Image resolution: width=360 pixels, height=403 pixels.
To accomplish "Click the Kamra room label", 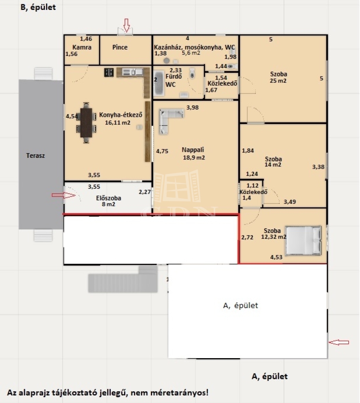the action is coord(82,47).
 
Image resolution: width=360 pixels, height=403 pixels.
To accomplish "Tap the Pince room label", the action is coord(120,47).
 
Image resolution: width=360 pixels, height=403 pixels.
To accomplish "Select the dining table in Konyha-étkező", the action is coord(86,123).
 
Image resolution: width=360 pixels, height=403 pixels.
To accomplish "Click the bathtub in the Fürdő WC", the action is coord(159,83).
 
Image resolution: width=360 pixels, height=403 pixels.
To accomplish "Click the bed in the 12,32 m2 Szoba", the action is coord(303,240).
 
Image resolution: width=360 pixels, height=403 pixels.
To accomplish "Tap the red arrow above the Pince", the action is coord(126,25).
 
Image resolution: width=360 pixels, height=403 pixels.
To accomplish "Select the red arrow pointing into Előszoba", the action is coord(63,195).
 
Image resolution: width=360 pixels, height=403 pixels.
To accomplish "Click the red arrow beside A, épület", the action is coord(339,342).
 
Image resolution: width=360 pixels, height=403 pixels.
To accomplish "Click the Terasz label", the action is coord(35,155).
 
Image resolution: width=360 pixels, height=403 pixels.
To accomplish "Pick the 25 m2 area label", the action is coord(278,81).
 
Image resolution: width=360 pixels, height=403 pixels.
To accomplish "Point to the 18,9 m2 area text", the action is coord(194,157).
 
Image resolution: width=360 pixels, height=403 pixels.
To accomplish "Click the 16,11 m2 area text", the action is coord(117,123).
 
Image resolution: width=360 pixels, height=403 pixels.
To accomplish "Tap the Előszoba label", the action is coord(109,198).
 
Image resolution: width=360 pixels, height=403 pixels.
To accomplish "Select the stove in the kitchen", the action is coord(109,72).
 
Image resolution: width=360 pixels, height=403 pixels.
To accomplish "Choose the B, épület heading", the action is coord(38,7).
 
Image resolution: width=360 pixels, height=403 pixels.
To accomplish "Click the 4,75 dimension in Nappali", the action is coord(162,151).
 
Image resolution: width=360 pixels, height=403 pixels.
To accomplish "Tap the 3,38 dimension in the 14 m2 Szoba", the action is coord(318,167).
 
